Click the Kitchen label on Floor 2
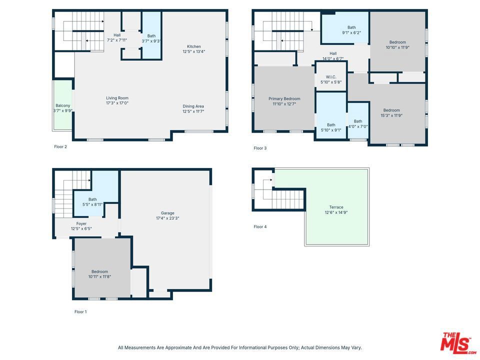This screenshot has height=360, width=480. click(194, 46)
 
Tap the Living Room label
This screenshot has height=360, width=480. click(117, 98)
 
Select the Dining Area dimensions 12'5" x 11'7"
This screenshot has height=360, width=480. click(193, 111)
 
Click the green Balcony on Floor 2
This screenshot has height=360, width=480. click(63, 105)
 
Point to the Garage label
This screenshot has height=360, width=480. click(167, 213)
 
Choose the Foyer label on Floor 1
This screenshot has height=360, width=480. click(81, 224)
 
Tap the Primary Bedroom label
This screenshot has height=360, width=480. click(284, 98)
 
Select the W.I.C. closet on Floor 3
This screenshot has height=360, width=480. click(331, 76)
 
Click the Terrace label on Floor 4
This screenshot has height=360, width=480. click(336, 207)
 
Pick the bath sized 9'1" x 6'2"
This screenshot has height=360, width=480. click(345, 28)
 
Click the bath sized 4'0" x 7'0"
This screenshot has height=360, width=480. click(358, 121)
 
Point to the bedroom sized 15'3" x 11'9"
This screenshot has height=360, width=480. click(397, 113)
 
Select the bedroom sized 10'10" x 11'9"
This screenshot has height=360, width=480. click(397, 42)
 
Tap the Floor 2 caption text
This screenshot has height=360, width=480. click(60, 146)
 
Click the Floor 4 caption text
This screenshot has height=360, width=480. click(260, 227)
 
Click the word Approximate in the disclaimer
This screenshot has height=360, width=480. click(177, 348)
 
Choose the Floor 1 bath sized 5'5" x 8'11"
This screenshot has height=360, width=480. click(95, 196)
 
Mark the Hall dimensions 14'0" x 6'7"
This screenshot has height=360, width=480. click(333, 59)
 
